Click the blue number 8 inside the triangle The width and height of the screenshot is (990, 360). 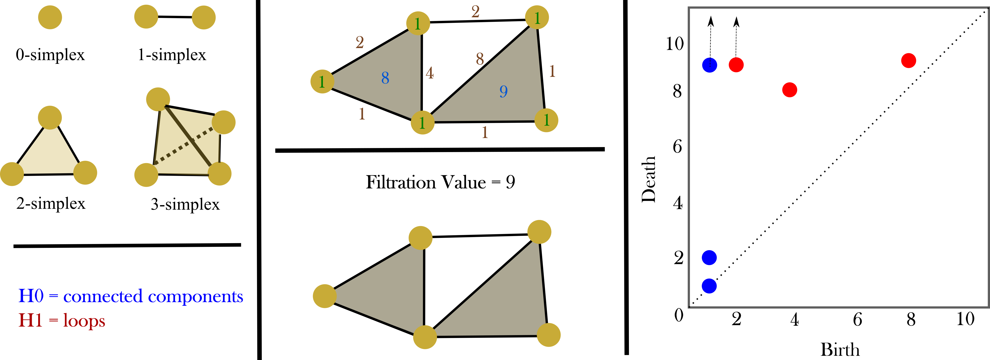385,78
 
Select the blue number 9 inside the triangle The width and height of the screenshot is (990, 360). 503,92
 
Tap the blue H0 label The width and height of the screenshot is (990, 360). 31,296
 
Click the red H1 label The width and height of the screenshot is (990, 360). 30,320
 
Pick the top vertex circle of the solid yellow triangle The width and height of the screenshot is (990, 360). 50,117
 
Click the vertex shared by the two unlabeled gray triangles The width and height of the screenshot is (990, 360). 425,337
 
